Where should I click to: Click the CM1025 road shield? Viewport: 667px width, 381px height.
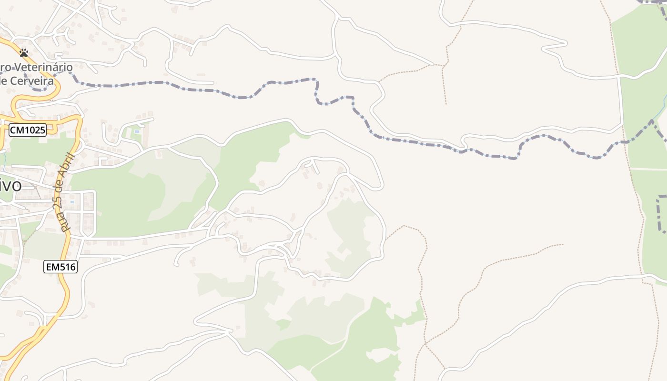(28, 130)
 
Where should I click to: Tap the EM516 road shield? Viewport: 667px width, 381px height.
(61, 267)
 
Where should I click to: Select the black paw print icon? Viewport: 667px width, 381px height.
(24, 52)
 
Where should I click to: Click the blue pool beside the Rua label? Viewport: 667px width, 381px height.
(72, 202)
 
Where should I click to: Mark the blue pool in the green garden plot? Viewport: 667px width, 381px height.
(137, 131)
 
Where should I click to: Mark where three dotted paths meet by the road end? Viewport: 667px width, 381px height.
(444, 65)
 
